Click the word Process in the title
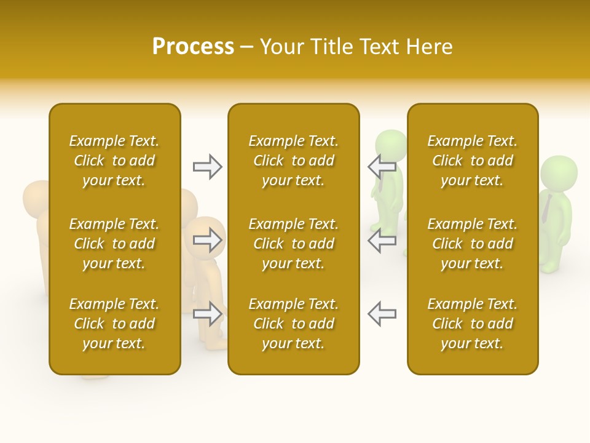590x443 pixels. (x=193, y=47)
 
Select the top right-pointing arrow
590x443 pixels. (x=207, y=167)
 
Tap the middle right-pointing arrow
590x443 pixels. (x=207, y=240)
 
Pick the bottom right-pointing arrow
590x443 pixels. (x=207, y=314)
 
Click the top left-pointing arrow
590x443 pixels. (x=382, y=167)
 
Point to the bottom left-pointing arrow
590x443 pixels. (x=382, y=314)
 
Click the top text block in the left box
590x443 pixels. (x=114, y=161)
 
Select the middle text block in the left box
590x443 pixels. (x=114, y=244)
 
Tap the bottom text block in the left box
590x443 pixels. (x=114, y=324)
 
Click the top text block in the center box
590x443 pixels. (x=293, y=161)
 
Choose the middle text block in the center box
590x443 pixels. (x=293, y=244)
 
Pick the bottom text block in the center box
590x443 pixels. (x=293, y=324)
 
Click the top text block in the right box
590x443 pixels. (x=472, y=161)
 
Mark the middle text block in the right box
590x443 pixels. (x=472, y=244)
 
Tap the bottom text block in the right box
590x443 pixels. (x=472, y=324)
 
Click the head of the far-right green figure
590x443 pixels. (x=559, y=173)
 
